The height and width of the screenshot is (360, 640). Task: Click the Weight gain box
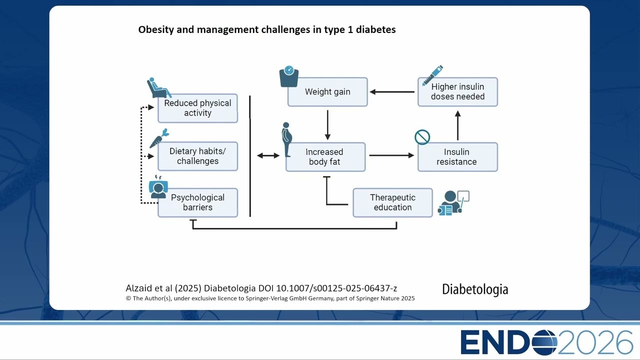pyautogui.click(x=327, y=91)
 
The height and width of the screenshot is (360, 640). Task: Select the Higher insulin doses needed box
pyautogui.click(x=457, y=91)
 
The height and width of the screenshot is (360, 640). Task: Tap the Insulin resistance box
pyautogui.click(x=457, y=157)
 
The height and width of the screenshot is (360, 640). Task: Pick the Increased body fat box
pyautogui.click(x=325, y=157)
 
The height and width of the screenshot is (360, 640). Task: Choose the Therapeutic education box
pyautogui.click(x=392, y=202)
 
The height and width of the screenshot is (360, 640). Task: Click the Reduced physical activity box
pyautogui.click(x=197, y=108)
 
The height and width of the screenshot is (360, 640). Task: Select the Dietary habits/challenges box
pyautogui.click(x=197, y=156)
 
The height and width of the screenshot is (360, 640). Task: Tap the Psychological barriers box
pyautogui.click(x=197, y=202)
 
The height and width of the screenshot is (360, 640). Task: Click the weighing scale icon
pyautogui.click(x=289, y=76)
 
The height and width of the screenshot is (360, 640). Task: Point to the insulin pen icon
pyautogui.click(x=432, y=75)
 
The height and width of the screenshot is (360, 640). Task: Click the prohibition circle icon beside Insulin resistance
pyautogui.click(x=422, y=137)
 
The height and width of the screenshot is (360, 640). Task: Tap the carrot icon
pyautogui.click(x=159, y=138)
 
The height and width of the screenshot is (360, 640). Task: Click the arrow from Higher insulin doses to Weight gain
pyautogui.click(x=392, y=92)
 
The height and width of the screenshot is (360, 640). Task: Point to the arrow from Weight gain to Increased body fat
pyautogui.click(x=327, y=125)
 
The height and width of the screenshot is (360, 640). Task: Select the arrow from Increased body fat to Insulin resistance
pyautogui.click(x=391, y=155)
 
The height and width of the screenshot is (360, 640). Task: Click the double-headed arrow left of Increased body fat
pyautogui.click(x=268, y=155)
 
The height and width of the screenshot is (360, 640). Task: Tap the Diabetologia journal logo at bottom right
pyautogui.click(x=475, y=289)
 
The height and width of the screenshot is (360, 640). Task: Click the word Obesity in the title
pyautogui.click(x=156, y=29)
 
